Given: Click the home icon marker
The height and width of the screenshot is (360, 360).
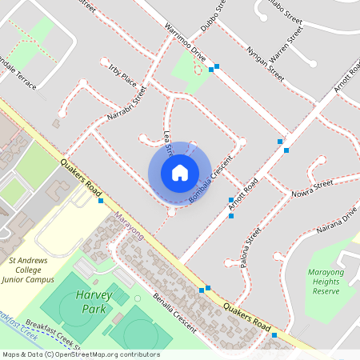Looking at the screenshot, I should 180,172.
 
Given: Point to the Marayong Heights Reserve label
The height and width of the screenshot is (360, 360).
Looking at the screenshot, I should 330,282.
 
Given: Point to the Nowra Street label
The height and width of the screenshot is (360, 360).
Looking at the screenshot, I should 312,189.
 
